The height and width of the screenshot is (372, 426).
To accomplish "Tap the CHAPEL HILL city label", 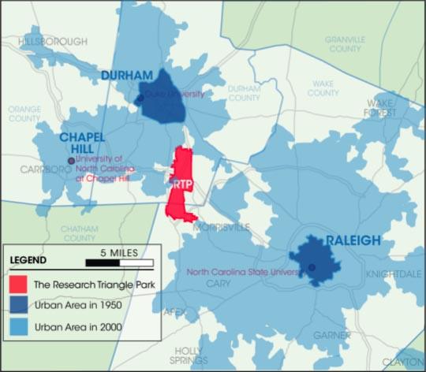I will point(82,143).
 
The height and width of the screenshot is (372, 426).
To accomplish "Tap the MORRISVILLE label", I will point(222,227).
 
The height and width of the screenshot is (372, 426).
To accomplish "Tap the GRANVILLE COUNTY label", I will point(345,43).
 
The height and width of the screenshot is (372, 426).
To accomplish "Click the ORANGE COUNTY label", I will point(24,114).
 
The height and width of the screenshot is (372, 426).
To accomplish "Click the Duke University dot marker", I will point(140,99).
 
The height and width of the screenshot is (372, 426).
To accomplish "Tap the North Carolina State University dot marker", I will point(311,267).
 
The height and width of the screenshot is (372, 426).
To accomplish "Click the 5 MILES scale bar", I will point(124,261).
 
